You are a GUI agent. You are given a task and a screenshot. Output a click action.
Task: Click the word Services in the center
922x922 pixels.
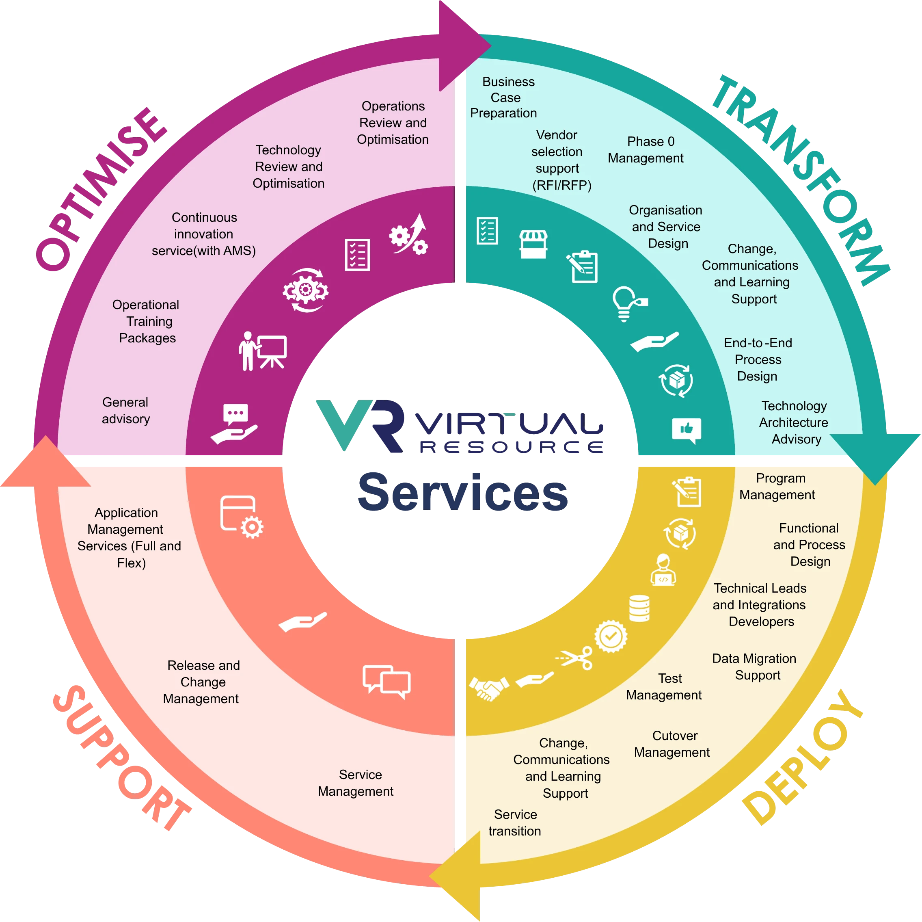coord(462,492)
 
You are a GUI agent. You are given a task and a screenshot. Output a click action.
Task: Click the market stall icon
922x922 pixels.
coord(533,244)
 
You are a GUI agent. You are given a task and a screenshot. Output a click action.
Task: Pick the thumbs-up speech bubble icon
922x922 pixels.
coord(686,430)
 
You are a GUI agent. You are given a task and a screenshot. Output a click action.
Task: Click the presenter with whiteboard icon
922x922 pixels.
coord(263,351)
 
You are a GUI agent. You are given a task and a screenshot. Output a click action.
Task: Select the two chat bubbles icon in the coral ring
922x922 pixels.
coord(386,681)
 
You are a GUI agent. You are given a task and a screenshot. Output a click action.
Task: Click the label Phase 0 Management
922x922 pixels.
coord(646,149)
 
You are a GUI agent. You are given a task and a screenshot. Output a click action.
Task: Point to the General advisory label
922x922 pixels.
coord(125,410)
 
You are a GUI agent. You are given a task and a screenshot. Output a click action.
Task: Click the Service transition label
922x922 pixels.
coord(514,822)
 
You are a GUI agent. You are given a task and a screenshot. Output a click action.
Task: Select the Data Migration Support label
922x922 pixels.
coord(754,667)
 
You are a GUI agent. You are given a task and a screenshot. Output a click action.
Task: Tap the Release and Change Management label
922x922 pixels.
coord(202,682)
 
